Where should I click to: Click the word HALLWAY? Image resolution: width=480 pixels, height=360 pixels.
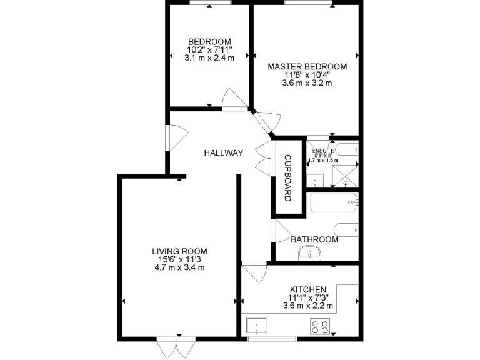click(x=223, y=153)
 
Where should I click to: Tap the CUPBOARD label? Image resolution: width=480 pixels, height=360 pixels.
click(x=288, y=177)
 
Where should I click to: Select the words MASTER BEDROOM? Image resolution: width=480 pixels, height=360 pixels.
click(x=307, y=66)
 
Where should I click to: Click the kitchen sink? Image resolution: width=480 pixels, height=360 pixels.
click(x=257, y=325)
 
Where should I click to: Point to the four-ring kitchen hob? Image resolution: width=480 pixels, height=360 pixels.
click(x=321, y=326)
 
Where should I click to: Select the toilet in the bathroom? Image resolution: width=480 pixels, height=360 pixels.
click(x=346, y=229)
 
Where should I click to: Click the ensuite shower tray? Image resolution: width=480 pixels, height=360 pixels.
click(x=346, y=175)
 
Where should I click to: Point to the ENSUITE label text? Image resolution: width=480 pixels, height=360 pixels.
click(x=324, y=150)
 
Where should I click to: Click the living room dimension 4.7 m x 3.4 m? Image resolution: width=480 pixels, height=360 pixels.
click(x=179, y=267)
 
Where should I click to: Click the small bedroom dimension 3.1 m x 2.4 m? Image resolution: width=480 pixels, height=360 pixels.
click(x=209, y=58)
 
